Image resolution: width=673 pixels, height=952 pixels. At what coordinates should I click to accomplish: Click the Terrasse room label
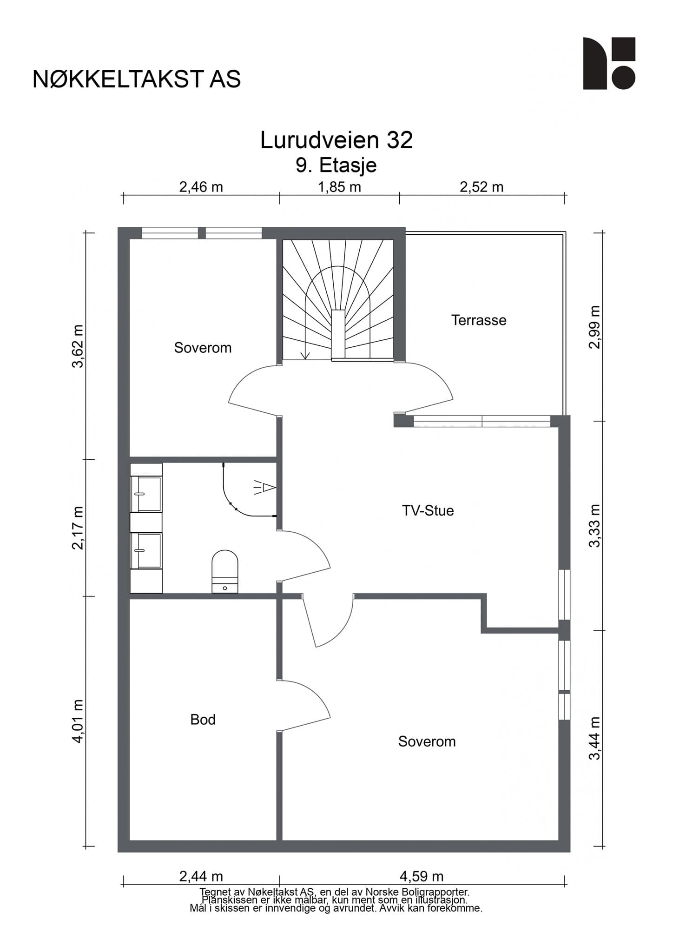479,320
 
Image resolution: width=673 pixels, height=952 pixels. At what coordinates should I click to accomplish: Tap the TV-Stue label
428,511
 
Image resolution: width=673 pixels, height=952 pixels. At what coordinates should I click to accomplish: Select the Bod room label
203,720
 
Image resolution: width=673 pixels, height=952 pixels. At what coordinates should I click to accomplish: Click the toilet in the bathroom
225,571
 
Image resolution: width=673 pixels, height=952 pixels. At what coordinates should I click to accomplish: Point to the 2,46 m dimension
201,187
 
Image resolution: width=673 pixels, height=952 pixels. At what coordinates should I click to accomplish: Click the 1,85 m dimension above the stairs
339,187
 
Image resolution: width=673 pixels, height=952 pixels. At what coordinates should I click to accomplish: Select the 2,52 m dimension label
482,187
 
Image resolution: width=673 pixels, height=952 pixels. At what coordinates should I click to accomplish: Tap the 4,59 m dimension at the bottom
422,877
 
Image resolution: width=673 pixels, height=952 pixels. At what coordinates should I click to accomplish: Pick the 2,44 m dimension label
201,877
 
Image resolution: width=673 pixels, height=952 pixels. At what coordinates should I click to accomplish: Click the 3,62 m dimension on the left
78,346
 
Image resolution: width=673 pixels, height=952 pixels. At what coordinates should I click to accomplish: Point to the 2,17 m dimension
78,528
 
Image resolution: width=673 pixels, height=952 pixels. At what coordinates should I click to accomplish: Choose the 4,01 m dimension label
78,721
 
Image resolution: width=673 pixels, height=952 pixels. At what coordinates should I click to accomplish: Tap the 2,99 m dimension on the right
595,327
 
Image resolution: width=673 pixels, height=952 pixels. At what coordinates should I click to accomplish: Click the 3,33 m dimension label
595,526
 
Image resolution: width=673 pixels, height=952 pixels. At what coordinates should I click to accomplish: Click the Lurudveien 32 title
336,140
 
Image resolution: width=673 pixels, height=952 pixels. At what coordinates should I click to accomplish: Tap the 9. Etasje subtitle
336,165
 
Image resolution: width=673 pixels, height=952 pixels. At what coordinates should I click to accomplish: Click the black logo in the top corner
609,63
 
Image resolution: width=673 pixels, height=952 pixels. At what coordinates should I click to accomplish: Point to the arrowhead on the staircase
305,356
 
